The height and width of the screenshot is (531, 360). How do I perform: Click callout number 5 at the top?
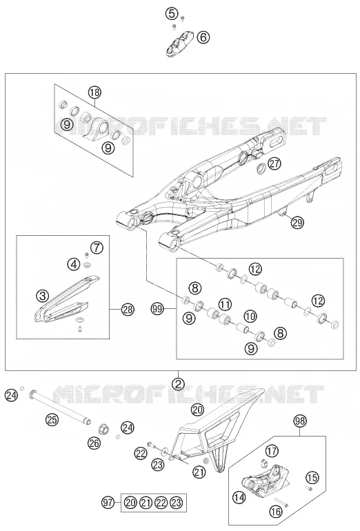pos(172,14)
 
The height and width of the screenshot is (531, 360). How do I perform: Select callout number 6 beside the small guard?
pos(203,37)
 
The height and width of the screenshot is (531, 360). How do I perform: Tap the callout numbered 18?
pos(94,92)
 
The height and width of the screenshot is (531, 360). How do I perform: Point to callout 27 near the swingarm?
pos(274,163)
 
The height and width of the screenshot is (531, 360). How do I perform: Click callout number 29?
pos(298,223)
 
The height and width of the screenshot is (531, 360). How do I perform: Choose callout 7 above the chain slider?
pos(97,248)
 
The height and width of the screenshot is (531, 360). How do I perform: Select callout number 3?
pos(42,296)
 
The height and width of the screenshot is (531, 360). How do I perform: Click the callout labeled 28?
pos(128,310)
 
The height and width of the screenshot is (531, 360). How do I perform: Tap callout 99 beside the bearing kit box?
pos(158,309)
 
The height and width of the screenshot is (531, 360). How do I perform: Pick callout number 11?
pos(225,303)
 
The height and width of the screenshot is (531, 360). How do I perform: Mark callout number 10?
pos(250,317)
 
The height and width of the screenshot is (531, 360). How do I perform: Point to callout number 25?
pos(52,420)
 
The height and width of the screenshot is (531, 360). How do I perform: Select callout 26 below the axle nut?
pos(94,443)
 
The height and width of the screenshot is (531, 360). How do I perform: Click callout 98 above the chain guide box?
pos(300,421)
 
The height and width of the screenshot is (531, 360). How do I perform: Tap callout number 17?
pos(272,451)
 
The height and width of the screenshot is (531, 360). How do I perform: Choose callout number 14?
pos(239,497)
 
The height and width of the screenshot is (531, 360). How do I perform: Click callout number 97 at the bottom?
pos(108,503)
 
